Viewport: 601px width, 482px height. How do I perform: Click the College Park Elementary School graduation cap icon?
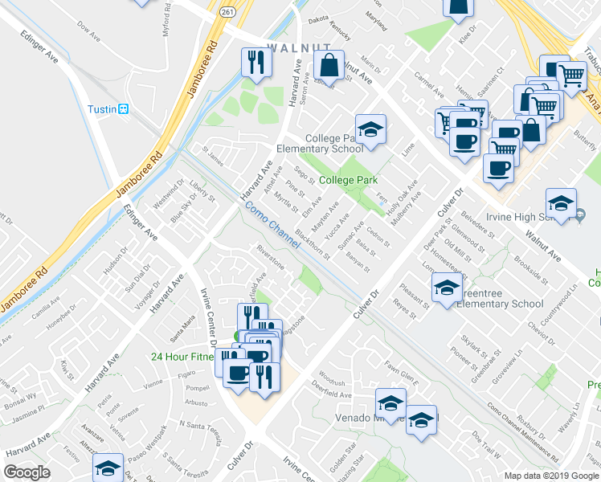370,129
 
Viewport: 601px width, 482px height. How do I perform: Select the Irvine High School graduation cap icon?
561,202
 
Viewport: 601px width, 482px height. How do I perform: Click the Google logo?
27,472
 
